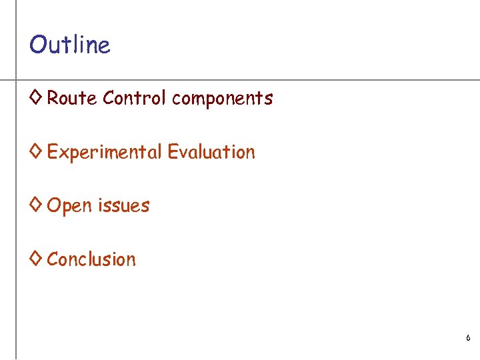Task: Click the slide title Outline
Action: pyautogui.click(x=69, y=45)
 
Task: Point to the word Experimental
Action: pyautogui.click(x=104, y=153)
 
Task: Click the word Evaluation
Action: pyautogui.click(x=211, y=152)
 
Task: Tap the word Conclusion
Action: pyautogui.click(x=91, y=259)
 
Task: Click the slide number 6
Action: pyautogui.click(x=468, y=339)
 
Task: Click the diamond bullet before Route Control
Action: pyautogui.click(x=36, y=98)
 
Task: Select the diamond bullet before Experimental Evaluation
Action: pyautogui.click(x=36, y=152)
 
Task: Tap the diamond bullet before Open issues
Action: pyautogui.click(x=36, y=205)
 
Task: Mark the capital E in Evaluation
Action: pyautogui.click(x=172, y=152)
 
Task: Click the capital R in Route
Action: pyautogui.click(x=53, y=99)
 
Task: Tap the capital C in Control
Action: pyautogui.click(x=109, y=99)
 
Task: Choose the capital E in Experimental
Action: pyautogui.click(x=52, y=152)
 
